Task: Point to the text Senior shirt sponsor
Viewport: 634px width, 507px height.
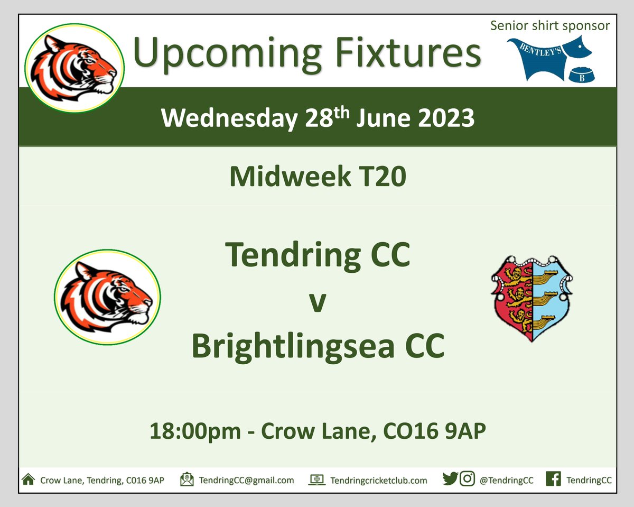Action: tap(550, 25)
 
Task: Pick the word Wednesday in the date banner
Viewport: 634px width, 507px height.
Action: tap(229, 118)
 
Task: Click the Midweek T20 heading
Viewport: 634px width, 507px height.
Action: tap(318, 177)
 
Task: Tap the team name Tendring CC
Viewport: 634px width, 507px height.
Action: tap(318, 255)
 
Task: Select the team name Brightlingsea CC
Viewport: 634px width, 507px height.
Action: tap(318, 346)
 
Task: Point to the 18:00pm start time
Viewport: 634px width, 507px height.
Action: tap(196, 431)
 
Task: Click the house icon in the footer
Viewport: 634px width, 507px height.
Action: tap(28, 480)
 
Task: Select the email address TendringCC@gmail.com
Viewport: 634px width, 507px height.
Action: tap(246, 480)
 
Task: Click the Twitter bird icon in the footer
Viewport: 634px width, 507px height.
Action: tap(450, 480)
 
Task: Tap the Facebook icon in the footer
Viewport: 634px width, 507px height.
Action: tap(553, 480)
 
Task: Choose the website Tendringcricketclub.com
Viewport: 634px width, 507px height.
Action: tap(378, 480)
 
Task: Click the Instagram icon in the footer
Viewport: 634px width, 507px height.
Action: tap(467, 480)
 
